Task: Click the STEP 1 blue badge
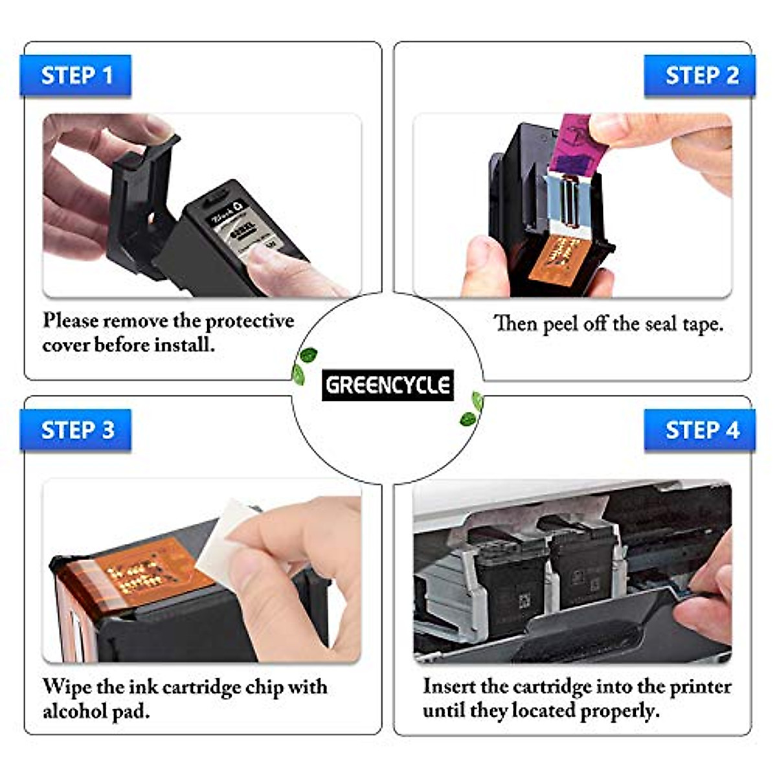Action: tap(76, 76)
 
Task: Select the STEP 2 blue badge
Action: tap(701, 76)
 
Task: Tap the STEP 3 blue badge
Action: tap(76, 430)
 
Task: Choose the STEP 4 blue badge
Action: tap(701, 430)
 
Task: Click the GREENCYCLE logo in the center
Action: tap(387, 386)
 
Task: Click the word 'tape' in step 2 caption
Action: tap(701, 324)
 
